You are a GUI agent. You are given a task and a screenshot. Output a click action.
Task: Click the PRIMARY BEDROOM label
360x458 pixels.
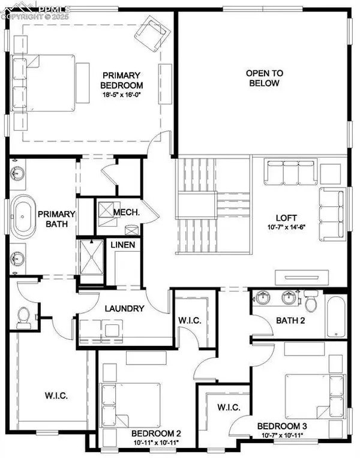coord(121,80)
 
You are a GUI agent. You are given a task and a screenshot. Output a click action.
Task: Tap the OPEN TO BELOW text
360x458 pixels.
coord(265,78)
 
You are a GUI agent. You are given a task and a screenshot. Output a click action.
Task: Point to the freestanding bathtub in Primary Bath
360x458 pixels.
coord(23,219)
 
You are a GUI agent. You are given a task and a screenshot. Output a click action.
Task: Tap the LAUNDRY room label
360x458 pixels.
coord(124,309)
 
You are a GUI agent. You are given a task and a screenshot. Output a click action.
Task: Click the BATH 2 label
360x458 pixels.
coord(290,321)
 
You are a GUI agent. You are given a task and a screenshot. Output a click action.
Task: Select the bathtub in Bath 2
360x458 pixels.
coord(335,315)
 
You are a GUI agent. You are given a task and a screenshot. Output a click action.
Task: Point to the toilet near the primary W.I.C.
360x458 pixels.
coord(24,316)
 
